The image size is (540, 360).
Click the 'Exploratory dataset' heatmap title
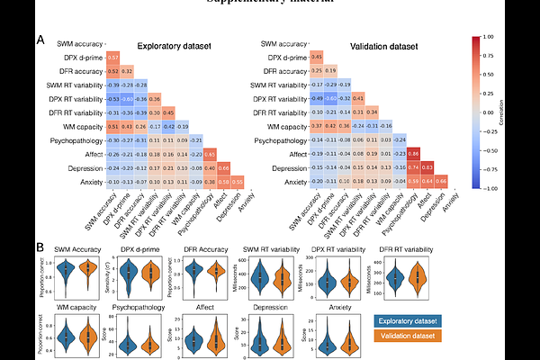175,46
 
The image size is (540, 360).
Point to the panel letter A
40,40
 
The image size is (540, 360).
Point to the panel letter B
40,246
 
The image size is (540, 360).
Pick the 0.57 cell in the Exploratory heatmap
113,57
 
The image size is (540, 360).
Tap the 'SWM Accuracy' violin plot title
76,249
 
